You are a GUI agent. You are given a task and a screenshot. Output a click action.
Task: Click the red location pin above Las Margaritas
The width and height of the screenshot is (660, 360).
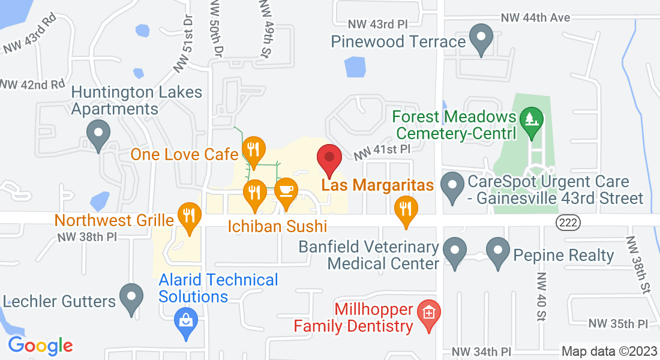pos(329,158)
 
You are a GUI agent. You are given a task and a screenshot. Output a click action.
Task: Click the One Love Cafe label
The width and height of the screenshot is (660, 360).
pos(184,154)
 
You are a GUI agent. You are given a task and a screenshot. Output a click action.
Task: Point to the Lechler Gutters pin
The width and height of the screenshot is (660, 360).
pos(130,297)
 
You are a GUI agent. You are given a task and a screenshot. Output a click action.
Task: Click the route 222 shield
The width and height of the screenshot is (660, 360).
pos(567,222)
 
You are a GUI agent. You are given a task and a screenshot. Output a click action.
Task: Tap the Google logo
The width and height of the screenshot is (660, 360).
pos(40,346)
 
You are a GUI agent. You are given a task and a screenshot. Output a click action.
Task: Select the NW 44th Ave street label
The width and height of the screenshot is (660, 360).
pos(535,18)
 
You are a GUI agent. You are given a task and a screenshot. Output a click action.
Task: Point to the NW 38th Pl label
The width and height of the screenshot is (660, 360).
pos(87,237)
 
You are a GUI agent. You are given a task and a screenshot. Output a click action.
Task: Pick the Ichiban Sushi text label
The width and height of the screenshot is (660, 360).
pos(277,226)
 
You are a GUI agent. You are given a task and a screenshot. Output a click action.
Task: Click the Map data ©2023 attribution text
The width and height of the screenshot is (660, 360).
pos(608,351)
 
